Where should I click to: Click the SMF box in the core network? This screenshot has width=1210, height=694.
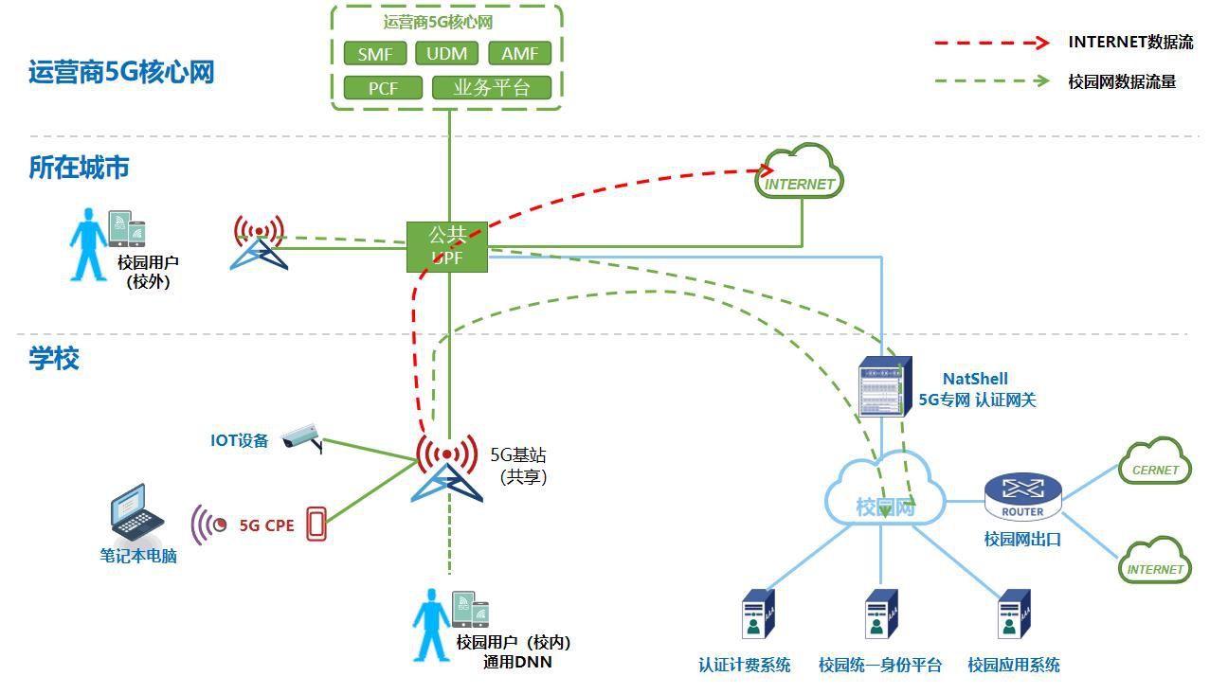[375, 54]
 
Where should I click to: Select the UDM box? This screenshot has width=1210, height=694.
[446, 54]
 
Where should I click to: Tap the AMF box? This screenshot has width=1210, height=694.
[519, 54]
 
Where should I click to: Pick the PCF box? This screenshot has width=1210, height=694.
[383, 88]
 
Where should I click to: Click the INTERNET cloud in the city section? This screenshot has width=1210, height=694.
[800, 173]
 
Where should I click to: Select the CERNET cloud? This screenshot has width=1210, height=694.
[1155, 462]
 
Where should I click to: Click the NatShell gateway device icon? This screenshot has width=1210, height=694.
[884, 386]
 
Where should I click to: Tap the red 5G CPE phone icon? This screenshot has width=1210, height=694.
[316, 525]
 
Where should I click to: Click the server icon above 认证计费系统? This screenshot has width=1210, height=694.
[754, 616]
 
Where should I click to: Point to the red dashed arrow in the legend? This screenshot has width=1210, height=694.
[991, 43]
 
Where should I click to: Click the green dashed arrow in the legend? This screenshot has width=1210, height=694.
[991, 81]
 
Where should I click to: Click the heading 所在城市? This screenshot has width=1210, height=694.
[79, 168]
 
